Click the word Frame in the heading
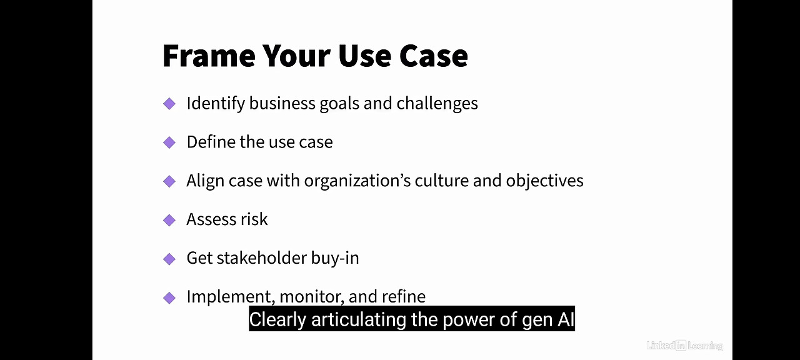(208, 56)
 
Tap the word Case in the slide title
(433, 56)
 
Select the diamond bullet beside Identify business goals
(169, 104)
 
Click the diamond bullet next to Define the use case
(169, 142)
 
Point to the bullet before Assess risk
(169, 220)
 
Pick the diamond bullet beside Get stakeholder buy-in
(169, 259)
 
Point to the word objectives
(544, 181)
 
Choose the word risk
(253, 219)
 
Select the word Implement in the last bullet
(231, 297)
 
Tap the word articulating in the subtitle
(359, 319)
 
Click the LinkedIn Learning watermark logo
(684, 345)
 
